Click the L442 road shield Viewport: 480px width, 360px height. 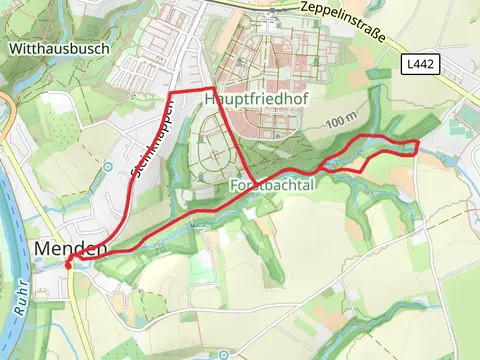[419, 63]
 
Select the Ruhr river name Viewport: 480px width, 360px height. [20, 300]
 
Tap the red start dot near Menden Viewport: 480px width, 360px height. [69, 264]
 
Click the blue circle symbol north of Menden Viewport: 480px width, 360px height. [107, 166]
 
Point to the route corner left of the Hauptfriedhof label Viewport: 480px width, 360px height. [213, 92]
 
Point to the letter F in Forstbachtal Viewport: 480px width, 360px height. [234, 186]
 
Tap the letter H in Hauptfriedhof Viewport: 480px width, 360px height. [210, 100]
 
